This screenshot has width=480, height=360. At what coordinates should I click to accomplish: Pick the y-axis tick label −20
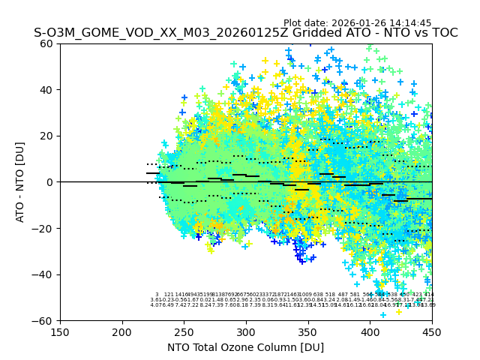point(44,228)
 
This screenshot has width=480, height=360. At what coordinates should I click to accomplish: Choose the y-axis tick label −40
point(44,274)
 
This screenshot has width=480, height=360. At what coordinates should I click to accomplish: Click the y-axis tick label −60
point(44,320)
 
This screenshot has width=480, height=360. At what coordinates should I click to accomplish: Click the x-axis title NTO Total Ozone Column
point(245,347)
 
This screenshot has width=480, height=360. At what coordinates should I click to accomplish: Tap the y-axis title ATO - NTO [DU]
point(21,182)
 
